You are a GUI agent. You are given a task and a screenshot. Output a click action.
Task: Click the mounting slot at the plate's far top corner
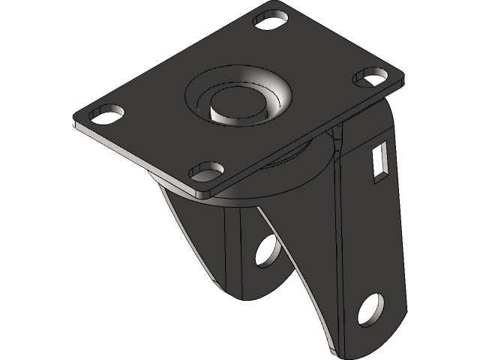tap(271, 18)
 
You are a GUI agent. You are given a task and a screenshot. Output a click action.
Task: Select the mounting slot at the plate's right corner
tap(370, 76)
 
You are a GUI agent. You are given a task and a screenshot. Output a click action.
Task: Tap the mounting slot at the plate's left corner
tap(107, 115)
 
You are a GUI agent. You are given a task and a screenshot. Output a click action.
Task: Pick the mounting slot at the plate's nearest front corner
tap(206, 172)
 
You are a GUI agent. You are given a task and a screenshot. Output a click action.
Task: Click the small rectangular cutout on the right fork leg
tap(380, 159)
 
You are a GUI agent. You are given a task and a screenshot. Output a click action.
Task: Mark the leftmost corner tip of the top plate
tap(73, 122)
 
